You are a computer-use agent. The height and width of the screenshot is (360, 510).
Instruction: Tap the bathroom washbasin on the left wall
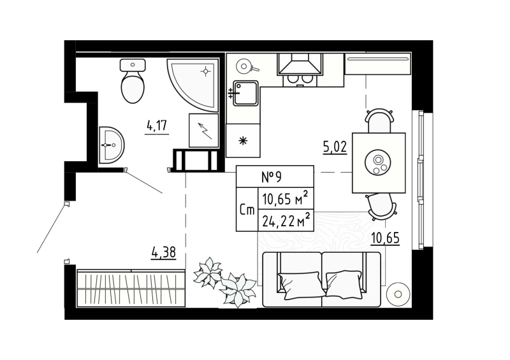click(112, 145)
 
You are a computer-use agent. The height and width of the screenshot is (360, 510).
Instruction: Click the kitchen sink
click(244, 93)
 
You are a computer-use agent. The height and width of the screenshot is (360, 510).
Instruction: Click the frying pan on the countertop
click(244, 65)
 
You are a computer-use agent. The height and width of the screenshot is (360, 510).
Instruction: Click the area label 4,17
click(157, 125)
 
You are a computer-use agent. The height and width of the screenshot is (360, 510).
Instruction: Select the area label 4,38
click(164, 252)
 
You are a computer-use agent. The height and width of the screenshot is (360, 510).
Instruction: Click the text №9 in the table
click(274, 175)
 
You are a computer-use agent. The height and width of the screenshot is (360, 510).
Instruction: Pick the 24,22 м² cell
click(286, 220)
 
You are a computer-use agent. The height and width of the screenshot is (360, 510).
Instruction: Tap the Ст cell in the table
click(247, 210)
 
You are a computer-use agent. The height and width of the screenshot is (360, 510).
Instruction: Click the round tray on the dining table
click(379, 163)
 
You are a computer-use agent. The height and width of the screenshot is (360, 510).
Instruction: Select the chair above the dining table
click(379, 120)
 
